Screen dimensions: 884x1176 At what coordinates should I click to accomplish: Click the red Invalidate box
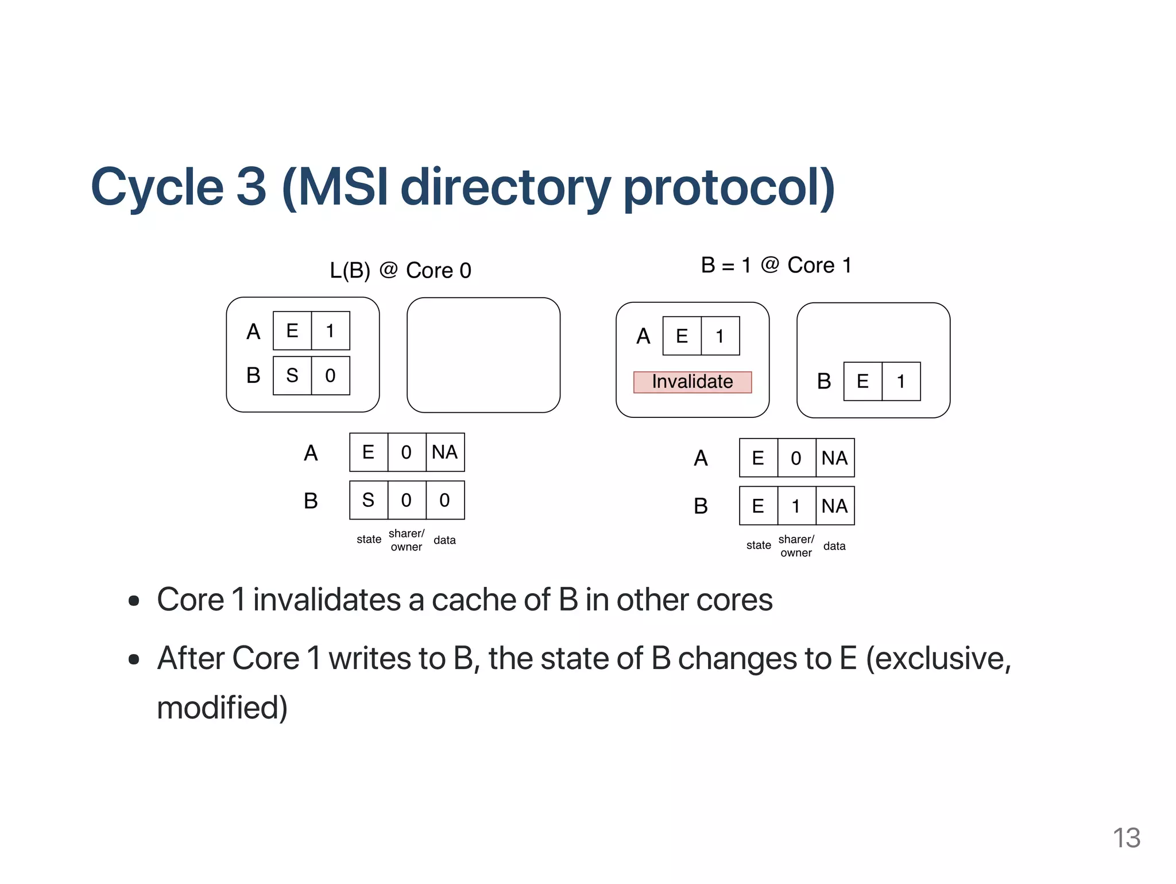(692, 382)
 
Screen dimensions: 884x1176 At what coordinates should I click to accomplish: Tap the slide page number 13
(1126, 838)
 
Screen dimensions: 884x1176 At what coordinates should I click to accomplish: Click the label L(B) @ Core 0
(400, 270)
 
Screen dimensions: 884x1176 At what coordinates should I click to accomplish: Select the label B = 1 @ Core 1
(776, 265)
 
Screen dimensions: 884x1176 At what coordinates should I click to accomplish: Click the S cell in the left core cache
(292, 375)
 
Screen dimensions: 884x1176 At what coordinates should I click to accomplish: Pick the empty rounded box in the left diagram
(483, 355)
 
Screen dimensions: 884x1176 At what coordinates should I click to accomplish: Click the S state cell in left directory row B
(368, 500)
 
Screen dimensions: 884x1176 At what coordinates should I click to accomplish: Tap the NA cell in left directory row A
(445, 452)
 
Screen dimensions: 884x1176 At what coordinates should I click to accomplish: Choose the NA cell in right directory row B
(834, 506)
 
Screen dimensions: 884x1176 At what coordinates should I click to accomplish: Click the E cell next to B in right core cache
(862, 381)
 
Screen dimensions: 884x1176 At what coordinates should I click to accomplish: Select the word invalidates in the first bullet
(327, 600)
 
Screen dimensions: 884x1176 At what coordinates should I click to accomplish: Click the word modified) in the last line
(222, 708)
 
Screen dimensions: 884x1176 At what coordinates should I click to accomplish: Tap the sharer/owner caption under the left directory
(407, 540)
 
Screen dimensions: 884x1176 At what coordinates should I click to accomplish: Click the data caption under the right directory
(834, 546)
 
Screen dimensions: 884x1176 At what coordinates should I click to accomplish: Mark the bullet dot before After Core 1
(134, 659)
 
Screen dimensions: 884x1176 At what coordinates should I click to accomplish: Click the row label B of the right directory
(701, 506)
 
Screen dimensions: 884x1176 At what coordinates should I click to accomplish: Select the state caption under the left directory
(369, 540)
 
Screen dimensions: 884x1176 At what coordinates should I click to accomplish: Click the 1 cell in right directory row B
(796, 506)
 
